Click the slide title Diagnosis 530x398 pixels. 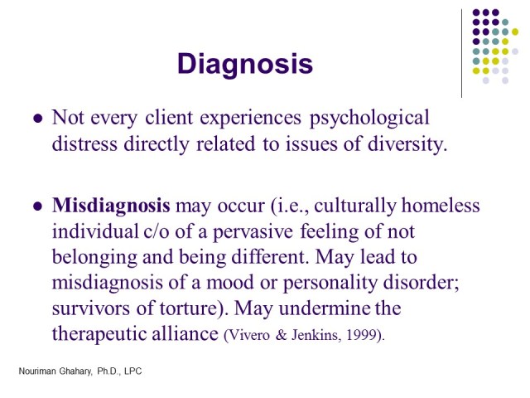pyautogui.click(x=245, y=64)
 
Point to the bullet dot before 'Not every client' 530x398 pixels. pyautogui.click(x=36, y=119)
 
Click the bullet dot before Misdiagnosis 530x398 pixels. pyautogui.click(x=36, y=206)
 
